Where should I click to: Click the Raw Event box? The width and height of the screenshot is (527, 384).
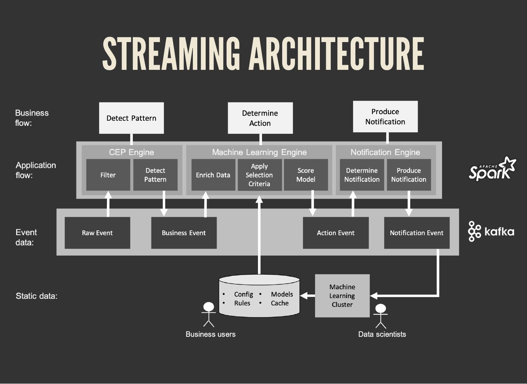(97, 233)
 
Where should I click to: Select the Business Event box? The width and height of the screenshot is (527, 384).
(184, 233)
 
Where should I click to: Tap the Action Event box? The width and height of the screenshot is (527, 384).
(336, 233)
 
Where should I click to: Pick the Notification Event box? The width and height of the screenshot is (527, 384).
(416, 233)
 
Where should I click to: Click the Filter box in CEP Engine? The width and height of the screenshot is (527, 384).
(108, 175)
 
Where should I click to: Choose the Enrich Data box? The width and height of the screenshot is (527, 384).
(213, 175)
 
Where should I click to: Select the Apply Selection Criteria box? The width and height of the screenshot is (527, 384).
(259, 175)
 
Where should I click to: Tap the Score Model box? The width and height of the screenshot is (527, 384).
(306, 175)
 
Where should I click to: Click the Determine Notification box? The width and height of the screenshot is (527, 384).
(362, 175)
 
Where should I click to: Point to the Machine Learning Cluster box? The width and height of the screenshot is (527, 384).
(342, 295)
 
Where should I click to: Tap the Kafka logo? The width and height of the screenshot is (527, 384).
(491, 231)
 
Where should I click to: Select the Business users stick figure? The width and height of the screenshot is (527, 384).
(209, 314)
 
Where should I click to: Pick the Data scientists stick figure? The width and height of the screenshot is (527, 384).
(381, 316)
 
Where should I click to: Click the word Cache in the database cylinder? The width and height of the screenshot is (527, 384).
(280, 303)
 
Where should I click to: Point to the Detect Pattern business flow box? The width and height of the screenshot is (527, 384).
(131, 118)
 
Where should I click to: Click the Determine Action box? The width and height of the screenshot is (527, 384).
(260, 118)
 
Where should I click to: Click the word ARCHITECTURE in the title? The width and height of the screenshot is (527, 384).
(337, 54)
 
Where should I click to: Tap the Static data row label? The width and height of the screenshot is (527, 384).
(37, 296)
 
